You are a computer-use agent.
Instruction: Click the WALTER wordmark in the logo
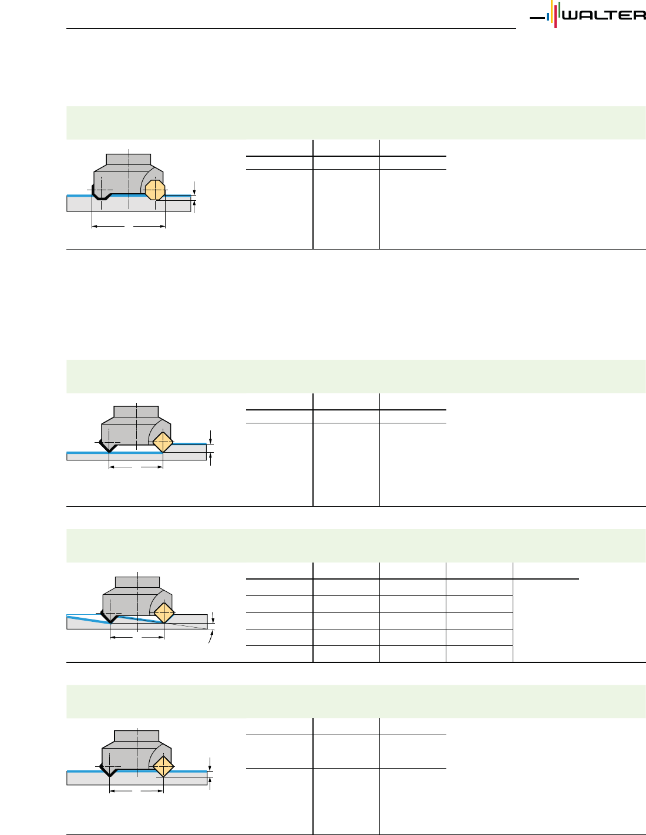pos(604,15)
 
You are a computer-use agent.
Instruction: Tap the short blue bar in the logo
pos(548,17)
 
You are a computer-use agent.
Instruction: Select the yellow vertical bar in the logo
pos(551,11)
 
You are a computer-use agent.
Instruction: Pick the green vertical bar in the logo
pos(559,10)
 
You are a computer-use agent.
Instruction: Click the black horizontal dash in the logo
pos(537,18)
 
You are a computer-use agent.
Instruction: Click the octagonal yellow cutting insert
pos(154,190)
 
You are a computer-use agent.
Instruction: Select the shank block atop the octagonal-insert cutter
pos(129,159)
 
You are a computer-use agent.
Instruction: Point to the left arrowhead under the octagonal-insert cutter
pos(95,225)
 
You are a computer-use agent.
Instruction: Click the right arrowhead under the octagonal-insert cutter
pos(163,225)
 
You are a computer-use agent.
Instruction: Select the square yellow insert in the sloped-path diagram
pos(163,613)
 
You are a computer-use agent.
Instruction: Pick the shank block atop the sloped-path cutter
pos(137,582)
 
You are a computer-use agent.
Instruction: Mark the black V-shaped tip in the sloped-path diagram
pos(110,618)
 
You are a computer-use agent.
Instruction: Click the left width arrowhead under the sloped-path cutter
pos(113,636)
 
